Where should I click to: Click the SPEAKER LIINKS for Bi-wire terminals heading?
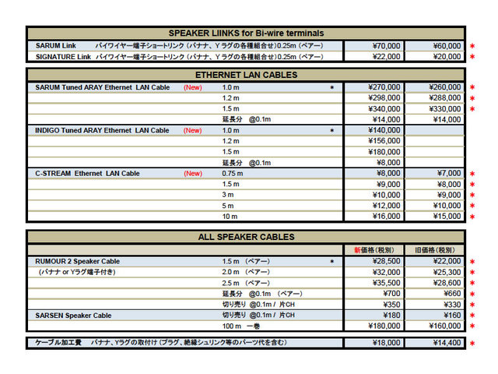click(246, 33)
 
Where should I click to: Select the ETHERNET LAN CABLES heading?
click(246, 75)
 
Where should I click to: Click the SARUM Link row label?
click(56, 46)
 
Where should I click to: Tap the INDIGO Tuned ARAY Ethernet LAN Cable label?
click(102, 130)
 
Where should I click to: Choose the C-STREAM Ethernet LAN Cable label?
click(87, 173)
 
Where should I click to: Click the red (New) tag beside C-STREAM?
click(193, 173)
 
